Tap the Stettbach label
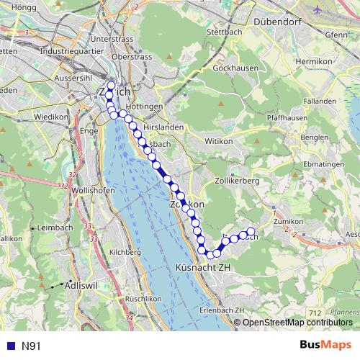tap(222, 32)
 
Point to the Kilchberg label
tap(125, 252)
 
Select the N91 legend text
tap(30, 346)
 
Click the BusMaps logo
tap(326, 346)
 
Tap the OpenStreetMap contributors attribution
tap(297, 323)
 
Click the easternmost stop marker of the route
tap(251, 232)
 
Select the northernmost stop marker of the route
tap(111, 86)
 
